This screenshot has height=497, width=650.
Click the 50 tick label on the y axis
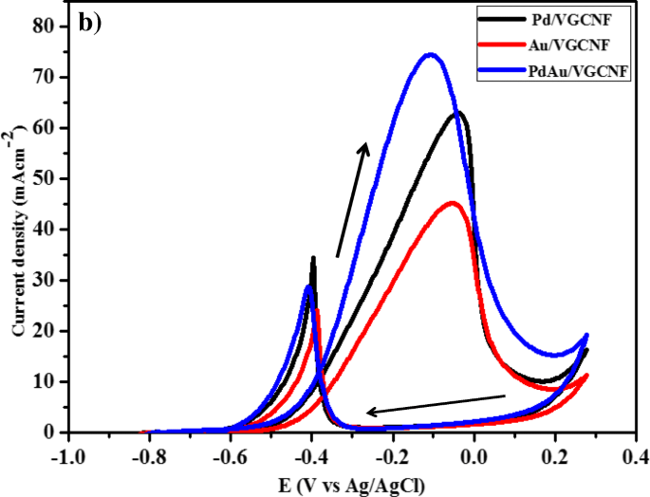pos(43,178)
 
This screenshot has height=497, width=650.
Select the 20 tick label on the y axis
pos(43,331)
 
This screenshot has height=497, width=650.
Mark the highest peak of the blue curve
pos(430,54)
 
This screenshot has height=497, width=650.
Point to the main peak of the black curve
pos(458,113)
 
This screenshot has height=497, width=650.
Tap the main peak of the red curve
pos(452,203)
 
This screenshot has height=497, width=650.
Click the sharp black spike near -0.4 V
pos(313,258)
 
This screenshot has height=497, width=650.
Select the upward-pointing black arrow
pos(352,199)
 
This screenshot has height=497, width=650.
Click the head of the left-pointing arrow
pos(371,412)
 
